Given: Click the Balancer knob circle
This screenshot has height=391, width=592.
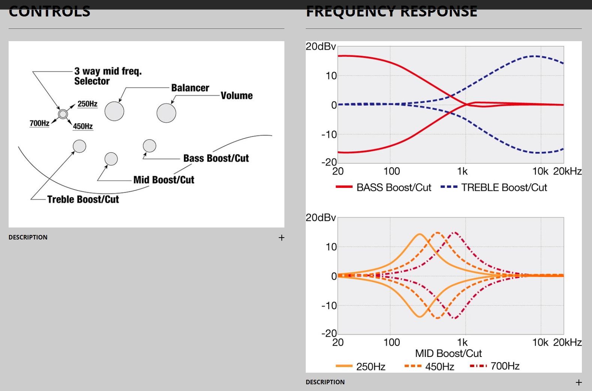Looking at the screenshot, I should click(x=114, y=111).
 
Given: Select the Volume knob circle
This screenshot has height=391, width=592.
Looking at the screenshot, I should click(x=166, y=113).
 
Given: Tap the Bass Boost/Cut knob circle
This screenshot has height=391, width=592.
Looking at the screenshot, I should click(x=149, y=146).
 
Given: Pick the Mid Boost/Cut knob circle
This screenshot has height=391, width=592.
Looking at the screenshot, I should click(x=111, y=159).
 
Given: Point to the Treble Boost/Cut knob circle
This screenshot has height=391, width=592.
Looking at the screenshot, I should click(x=79, y=146).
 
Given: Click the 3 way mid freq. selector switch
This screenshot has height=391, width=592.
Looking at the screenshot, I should click(x=63, y=114).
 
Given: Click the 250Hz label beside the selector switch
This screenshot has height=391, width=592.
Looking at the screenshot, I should click(x=87, y=104).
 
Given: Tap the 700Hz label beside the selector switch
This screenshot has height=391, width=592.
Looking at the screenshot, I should click(x=39, y=123).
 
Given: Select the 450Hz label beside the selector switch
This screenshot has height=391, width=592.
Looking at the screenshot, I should click(x=83, y=126).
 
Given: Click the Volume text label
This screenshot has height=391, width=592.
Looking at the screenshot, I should click(x=236, y=96).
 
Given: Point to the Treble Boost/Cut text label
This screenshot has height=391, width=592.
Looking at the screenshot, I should click(x=83, y=199).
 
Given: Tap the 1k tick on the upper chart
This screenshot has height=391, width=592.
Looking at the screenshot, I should click(x=462, y=171).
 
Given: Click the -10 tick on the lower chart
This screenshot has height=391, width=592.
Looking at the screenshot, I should click(x=329, y=306).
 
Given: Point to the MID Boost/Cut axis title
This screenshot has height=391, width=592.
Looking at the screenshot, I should click(x=448, y=353).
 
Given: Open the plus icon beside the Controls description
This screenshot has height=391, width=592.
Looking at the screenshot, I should click(x=281, y=238).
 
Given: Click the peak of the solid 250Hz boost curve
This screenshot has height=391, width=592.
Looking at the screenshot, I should click(x=420, y=234).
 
